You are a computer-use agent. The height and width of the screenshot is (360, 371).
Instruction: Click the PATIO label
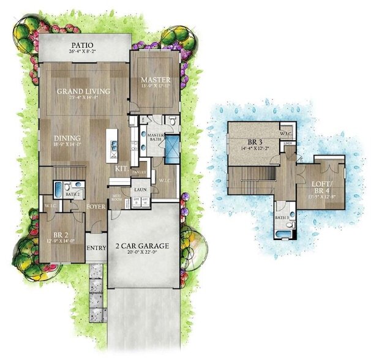tap(85, 45)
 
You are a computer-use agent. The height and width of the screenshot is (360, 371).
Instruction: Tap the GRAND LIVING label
tap(83, 91)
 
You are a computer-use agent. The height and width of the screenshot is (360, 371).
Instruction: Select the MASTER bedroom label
tap(155, 80)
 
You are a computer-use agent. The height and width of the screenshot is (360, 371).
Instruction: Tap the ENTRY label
tap(96, 248)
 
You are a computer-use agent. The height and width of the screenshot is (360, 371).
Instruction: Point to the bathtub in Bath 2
tap(58, 187)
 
